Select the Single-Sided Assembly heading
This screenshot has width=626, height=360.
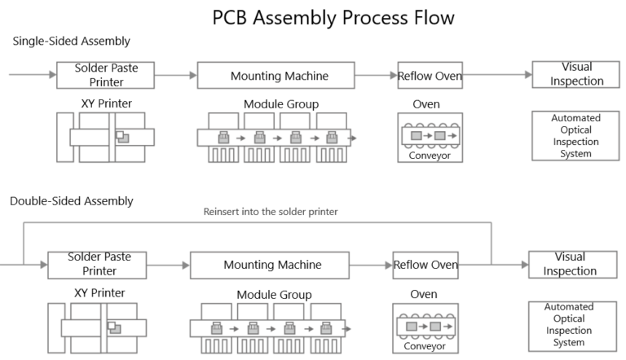(x=71, y=42)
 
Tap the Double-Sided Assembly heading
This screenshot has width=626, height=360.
(x=71, y=200)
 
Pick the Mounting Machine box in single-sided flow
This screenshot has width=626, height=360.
(x=279, y=77)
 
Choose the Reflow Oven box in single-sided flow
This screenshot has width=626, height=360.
(x=430, y=77)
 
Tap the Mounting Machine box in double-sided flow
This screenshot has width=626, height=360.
(x=272, y=265)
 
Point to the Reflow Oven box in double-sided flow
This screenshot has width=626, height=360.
(x=425, y=265)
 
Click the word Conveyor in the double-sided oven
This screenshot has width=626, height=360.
(x=425, y=345)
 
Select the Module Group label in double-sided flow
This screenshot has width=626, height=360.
(x=274, y=294)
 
